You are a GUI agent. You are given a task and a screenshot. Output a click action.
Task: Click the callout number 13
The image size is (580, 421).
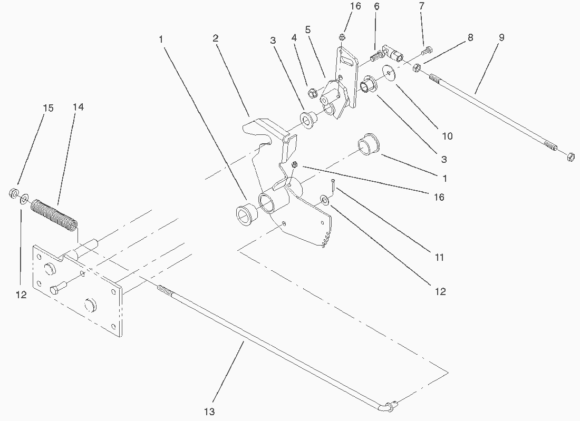pos(209,412)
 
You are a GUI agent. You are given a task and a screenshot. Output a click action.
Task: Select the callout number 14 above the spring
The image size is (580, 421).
pos(78,107)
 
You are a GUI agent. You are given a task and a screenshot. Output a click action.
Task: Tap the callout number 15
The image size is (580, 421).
pos(48,108)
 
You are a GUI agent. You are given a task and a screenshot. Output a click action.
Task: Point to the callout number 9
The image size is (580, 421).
pos(501,37)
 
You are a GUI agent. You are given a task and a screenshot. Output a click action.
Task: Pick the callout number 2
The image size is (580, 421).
pos(216,38)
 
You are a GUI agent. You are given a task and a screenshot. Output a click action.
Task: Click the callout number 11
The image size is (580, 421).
pos(439,258)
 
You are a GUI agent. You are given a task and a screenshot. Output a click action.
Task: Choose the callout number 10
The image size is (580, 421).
pos(447,136)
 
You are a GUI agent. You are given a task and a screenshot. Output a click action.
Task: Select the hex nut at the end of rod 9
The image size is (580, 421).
pos(570,156)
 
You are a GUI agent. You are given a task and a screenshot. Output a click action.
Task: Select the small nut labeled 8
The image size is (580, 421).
pos(416,67)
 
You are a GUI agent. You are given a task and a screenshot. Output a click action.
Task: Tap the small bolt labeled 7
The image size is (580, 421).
pos(426,51)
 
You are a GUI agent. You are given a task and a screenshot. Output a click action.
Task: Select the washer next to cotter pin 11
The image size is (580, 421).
pos(325,200)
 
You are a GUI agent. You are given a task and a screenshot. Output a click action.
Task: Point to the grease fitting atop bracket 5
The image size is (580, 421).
pos(342,37)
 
